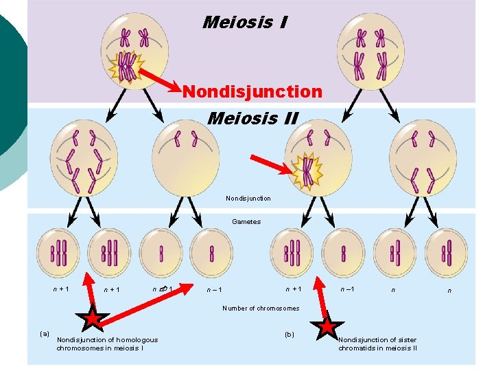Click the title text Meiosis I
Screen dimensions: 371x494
click(x=245, y=23)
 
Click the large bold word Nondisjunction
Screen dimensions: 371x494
click(x=252, y=91)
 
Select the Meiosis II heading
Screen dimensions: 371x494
click(x=252, y=118)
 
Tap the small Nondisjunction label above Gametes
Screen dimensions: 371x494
click(x=248, y=199)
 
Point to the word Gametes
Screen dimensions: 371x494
click(x=246, y=222)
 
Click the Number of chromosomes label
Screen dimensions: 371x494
click(x=261, y=308)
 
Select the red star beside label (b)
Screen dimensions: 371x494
click(x=327, y=326)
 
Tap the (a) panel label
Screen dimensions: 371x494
click(x=45, y=334)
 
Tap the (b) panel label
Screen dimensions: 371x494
click(x=288, y=335)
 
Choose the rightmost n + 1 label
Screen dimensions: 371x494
click(x=294, y=289)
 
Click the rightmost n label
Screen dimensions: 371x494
click(x=449, y=291)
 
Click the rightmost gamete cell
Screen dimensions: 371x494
click(x=446, y=252)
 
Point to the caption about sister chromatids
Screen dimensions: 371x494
click(x=377, y=344)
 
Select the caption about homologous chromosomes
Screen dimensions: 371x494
click(x=107, y=344)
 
